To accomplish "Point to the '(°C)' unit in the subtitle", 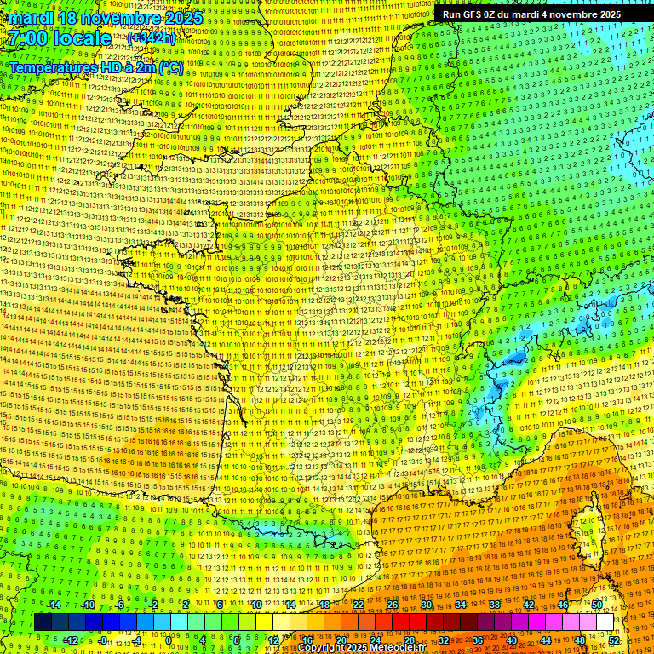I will [169, 67].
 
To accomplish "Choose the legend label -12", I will [70, 640].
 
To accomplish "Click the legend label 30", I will [427, 605].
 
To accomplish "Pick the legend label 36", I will [478, 640].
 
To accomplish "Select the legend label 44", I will [546, 640].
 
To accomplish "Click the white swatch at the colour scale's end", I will [605, 622].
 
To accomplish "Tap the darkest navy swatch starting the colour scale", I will [43, 622].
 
